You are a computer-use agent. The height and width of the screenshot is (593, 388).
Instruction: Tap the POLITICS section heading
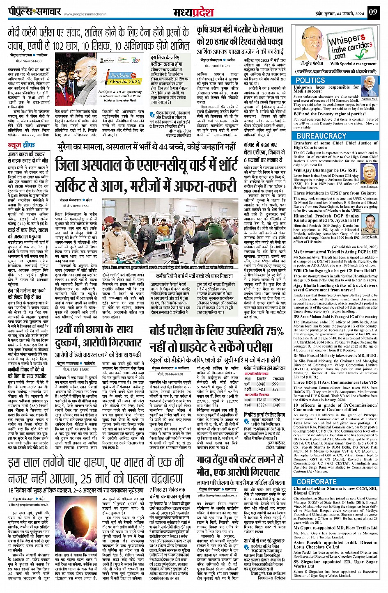pyautogui.click(x=310, y=80)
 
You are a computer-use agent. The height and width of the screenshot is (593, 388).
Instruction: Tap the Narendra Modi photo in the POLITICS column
pyautogui.click(x=370, y=91)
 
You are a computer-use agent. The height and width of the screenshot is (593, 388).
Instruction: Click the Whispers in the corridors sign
pyautogui.click(x=349, y=46)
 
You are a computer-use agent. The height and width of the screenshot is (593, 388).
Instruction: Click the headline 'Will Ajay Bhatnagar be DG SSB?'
pyautogui.click(x=325, y=170)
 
